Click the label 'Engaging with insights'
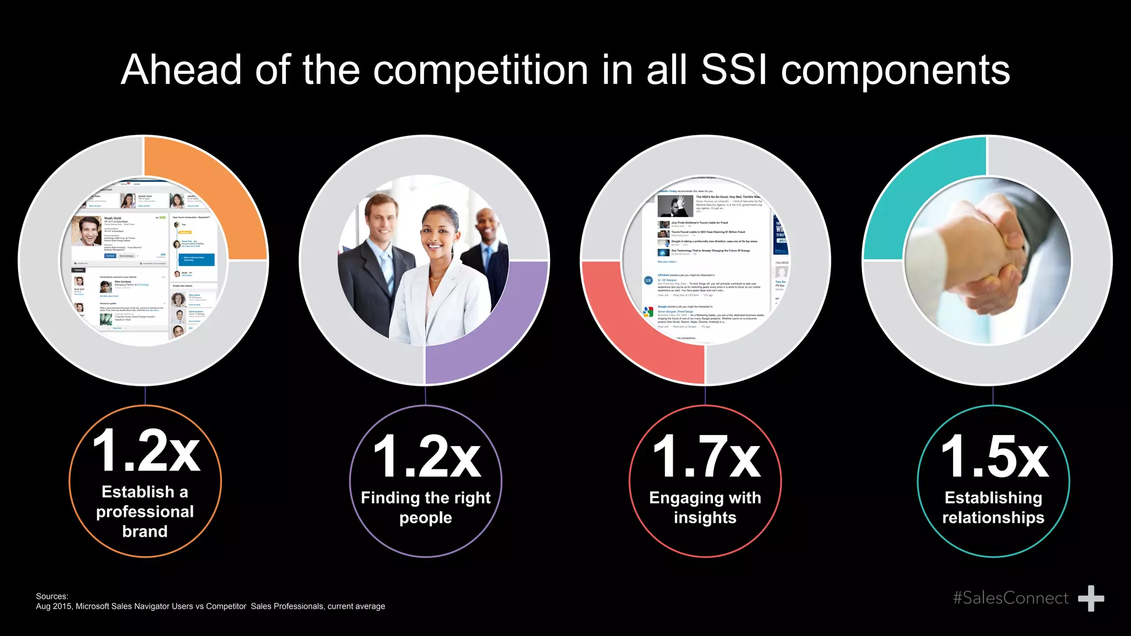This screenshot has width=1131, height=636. pos(705,507)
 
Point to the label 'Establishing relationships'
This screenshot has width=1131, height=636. pos(993,507)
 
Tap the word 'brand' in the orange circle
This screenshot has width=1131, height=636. pos(145,531)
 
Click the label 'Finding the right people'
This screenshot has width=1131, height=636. pos(426,507)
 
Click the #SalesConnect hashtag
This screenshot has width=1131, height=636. pos(1010,598)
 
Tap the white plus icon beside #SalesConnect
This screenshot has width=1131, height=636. pos(1091,598)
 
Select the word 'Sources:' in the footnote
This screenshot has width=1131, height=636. pos(52,596)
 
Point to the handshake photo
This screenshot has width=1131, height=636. pos(987,259)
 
